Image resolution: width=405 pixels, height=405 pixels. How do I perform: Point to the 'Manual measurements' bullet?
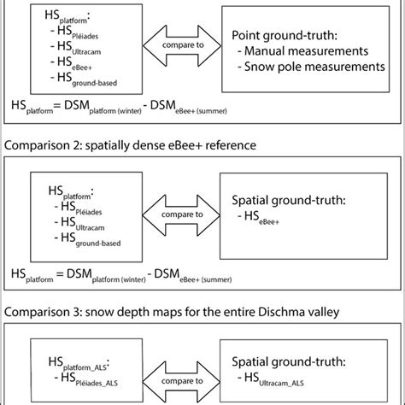(306, 50)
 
